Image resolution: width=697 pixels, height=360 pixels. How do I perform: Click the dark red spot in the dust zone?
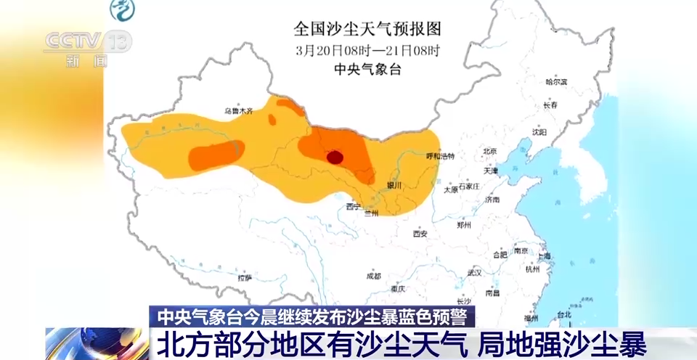pyautogui.click(x=335, y=157)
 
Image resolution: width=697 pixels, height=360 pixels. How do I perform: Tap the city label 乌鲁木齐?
pyautogui.click(x=238, y=111)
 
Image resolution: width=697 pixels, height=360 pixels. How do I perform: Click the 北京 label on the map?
pyautogui.click(x=489, y=152)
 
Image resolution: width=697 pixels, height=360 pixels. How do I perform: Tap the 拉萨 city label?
pyautogui.click(x=244, y=277)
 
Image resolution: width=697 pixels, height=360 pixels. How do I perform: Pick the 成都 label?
pyautogui.click(x=373, y=276)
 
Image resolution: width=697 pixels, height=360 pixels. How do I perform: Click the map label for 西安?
pyautogui.click(x=420, y=234)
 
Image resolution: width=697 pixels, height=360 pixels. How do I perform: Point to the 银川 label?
pyautogui.click(x=394, y=185)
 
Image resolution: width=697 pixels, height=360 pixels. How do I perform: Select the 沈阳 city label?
pyautogui.click(x=539, y=132)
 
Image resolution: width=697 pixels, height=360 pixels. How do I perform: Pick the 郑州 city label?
pyautogui.click(x=464, y=225)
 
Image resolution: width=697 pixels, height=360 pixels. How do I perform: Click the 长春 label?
pyautogui.click(x=550, y=105)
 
